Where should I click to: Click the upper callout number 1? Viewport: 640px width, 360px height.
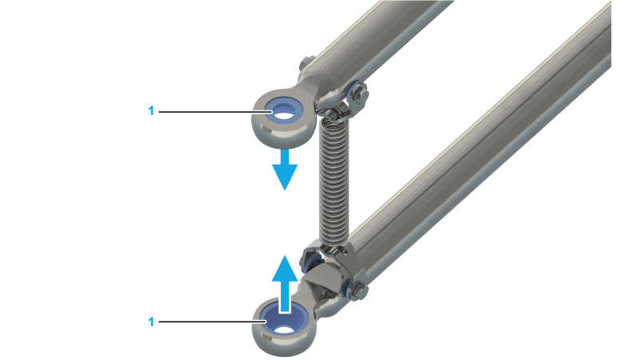pos(151,110)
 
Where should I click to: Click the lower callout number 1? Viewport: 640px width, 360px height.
pos(151,322)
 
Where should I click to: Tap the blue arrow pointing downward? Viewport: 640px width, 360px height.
pos(285,170)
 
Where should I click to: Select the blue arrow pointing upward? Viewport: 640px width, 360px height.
pos(285,284)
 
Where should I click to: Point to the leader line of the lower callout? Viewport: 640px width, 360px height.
pos(212,322)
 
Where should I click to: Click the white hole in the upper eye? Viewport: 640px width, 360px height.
pos(284,113)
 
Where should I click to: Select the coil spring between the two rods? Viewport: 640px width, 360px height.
pos(334,182)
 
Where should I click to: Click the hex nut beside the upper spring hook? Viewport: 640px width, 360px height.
pos(358,94)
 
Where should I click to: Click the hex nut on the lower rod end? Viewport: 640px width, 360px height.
pos(357,290)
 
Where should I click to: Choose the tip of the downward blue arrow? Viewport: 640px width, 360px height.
pos(285,190)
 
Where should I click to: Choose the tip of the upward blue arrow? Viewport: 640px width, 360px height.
pos(285,255)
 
